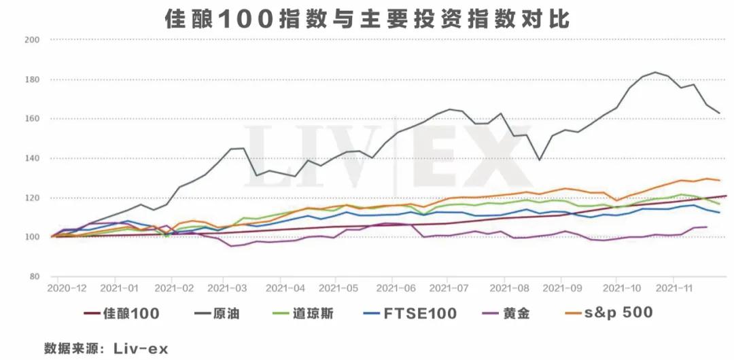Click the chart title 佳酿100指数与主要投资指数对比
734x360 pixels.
367,18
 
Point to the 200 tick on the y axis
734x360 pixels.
33,40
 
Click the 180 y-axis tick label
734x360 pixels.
33,79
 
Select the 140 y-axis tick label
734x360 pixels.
33,158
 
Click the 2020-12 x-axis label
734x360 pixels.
67,288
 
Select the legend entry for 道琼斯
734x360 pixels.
313,313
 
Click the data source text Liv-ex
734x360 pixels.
144,348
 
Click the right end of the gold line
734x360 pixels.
707,227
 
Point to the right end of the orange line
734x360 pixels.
720,180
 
